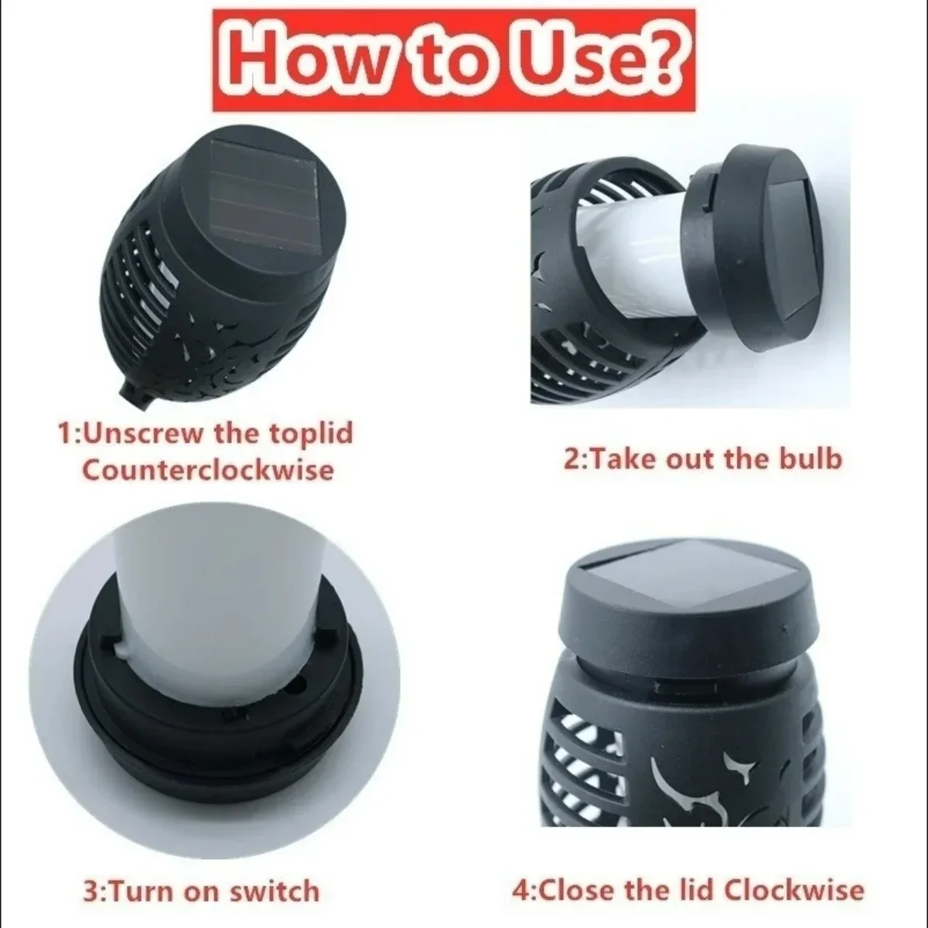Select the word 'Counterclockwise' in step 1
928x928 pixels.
click(x=208, y=469)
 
